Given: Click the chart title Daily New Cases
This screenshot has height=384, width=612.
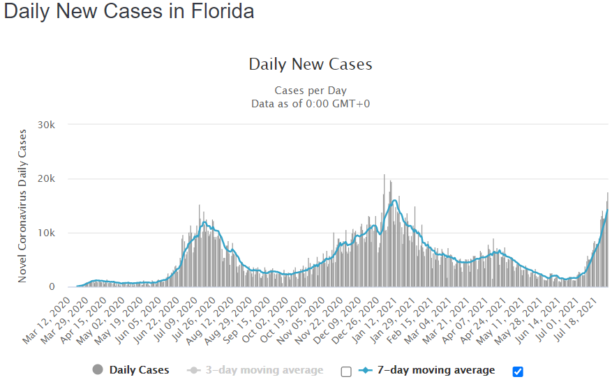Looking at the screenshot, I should [x=311, y=65].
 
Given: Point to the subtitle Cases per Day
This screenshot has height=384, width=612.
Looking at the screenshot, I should [x=311, y=91].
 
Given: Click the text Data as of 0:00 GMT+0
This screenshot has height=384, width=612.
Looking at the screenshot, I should [x=311, y=104].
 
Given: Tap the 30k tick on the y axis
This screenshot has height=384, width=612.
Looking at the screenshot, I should [x=55, y=124].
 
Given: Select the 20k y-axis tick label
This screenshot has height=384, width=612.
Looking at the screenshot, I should [x=55, y=178].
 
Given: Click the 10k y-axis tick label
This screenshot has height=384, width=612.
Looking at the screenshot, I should [x=55, y=233].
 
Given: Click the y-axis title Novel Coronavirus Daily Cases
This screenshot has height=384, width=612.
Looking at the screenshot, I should [x=22, y=206].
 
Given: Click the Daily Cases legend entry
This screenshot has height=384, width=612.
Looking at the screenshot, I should [x=139, y=370].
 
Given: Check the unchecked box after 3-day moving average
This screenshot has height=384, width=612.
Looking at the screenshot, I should [x=346, y=371].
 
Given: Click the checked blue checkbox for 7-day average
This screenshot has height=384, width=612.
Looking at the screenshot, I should [x=518, y=371].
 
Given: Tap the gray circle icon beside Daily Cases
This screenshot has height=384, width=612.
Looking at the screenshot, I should [x=98, y=370].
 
